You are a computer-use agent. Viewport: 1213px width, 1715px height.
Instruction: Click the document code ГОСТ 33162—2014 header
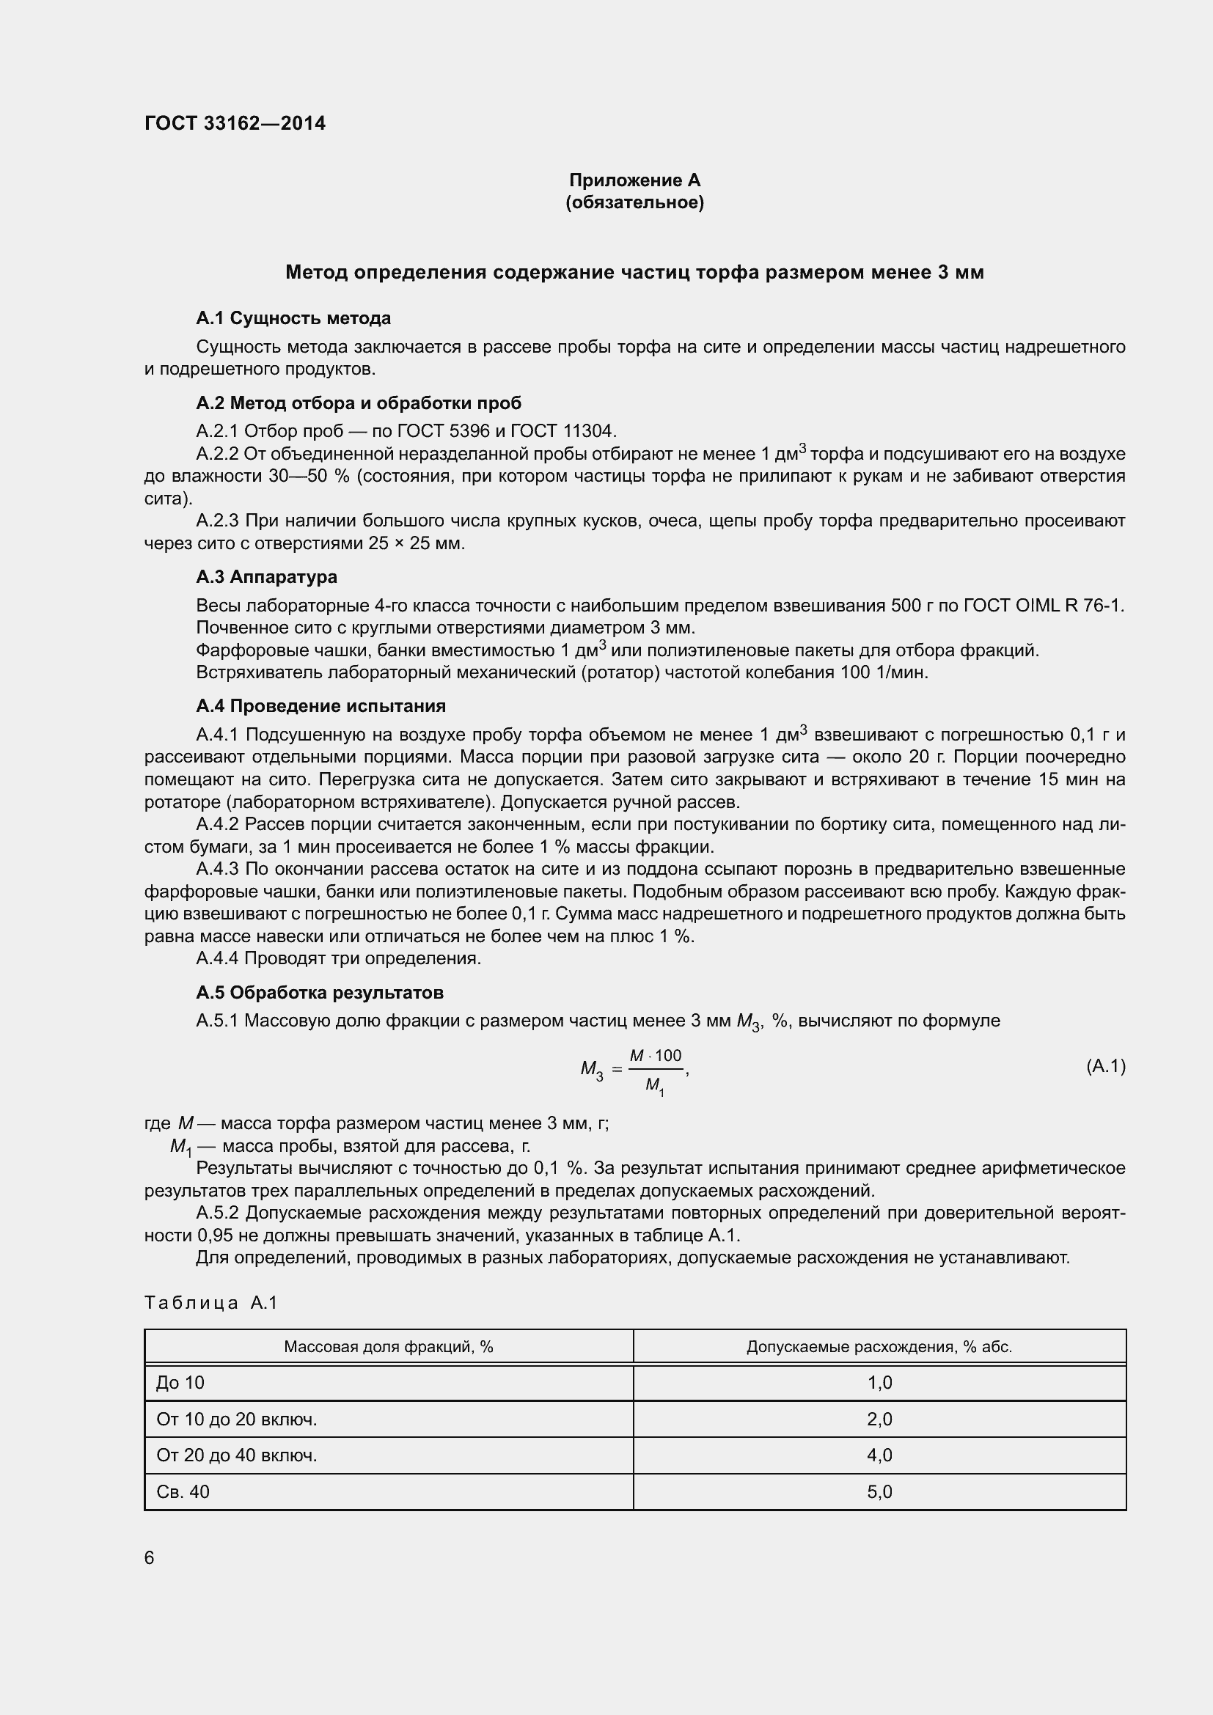235,123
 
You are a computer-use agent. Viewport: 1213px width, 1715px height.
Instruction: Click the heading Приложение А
634,180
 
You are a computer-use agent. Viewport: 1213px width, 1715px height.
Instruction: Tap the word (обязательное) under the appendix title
634,202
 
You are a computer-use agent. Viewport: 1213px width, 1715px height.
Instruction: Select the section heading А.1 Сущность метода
293,318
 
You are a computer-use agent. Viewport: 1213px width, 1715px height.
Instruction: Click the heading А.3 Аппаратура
266,576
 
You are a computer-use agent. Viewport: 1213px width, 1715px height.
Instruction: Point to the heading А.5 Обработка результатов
320,993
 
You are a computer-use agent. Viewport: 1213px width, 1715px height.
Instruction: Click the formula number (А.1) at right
1105,1066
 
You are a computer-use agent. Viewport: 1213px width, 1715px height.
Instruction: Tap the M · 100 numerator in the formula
655,1055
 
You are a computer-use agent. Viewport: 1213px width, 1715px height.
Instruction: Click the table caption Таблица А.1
210,1303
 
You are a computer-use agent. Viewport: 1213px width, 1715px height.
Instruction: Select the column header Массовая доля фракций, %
389,1347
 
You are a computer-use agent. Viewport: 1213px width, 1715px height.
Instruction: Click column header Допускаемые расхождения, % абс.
879,1347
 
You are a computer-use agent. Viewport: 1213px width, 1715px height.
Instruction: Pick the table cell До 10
180,1383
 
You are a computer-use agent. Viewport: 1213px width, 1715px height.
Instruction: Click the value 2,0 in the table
879,1420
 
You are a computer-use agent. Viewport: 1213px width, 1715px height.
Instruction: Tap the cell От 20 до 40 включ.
236,1455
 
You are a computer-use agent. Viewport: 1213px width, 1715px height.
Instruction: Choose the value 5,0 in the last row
879,1491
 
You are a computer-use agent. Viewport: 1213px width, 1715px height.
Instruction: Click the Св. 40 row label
183,1491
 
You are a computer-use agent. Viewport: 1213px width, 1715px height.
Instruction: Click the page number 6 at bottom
150,1557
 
